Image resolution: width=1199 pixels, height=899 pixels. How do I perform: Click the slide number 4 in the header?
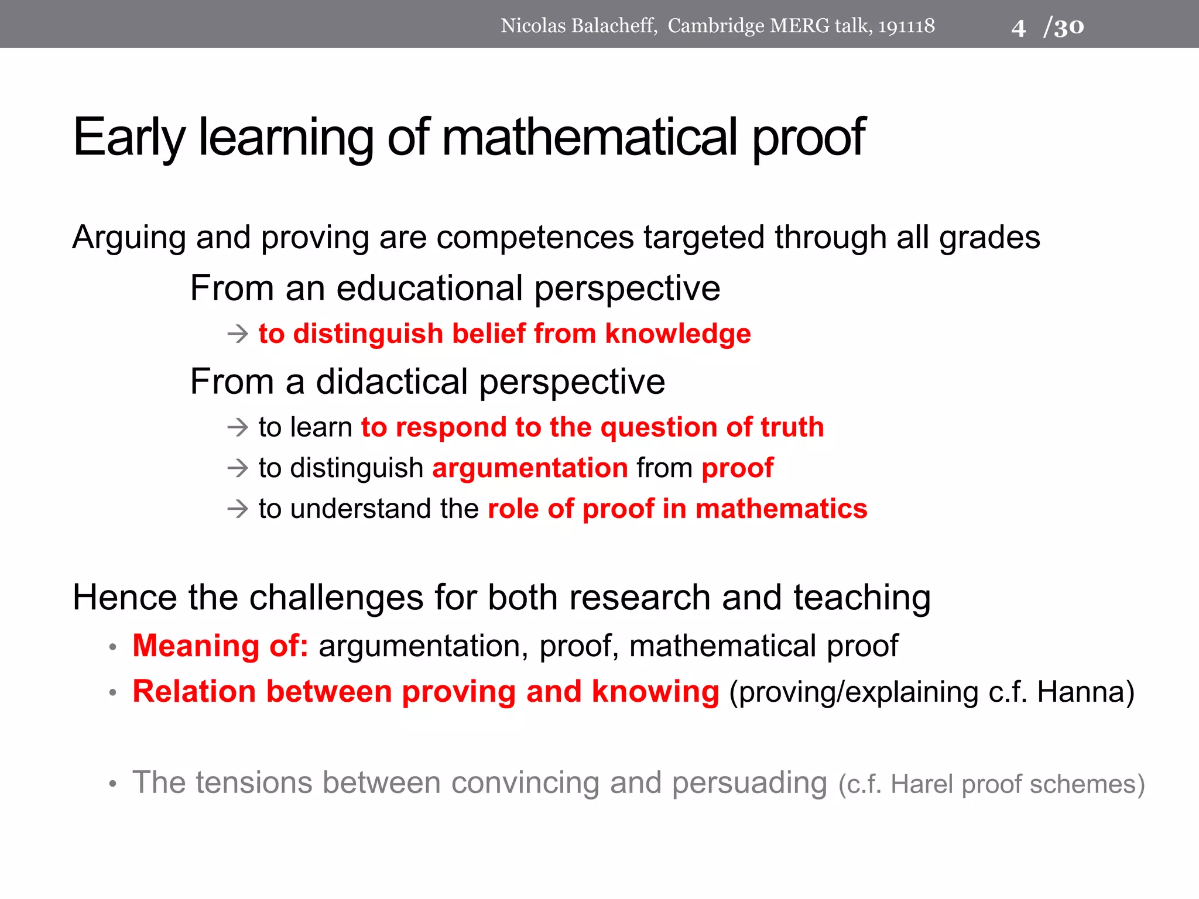1018,28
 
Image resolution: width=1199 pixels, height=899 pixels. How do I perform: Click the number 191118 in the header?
906,26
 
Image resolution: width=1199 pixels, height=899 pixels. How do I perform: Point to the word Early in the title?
129,138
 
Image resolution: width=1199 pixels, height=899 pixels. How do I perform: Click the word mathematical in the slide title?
589,138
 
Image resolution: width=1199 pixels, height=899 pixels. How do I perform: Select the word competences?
535,238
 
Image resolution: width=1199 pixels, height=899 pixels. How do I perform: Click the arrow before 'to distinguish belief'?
238,334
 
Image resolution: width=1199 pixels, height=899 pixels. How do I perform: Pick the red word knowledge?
677,334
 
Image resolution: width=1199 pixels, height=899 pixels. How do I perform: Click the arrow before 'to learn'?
238,428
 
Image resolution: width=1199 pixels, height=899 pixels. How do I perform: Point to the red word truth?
792,427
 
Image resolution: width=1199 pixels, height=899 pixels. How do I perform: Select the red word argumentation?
530,468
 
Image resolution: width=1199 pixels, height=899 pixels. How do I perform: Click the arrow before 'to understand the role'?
238,509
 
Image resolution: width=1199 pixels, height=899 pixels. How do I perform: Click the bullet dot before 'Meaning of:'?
113,648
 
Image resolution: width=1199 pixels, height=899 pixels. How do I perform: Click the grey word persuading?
749,783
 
